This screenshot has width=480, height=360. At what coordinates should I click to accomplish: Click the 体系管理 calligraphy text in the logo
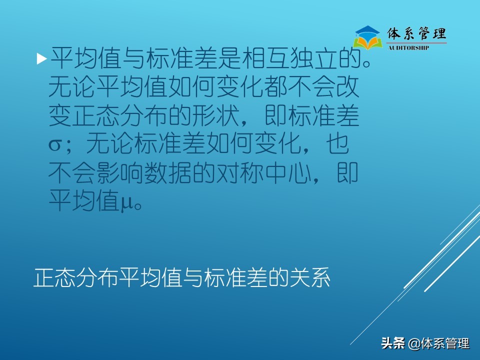coord(417,33)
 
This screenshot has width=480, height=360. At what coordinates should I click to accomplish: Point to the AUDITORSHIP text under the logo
coord(408,47)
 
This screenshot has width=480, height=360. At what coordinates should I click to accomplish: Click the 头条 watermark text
coord(392,344)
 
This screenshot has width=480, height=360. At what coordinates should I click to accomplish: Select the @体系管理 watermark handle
coord(439,344)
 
